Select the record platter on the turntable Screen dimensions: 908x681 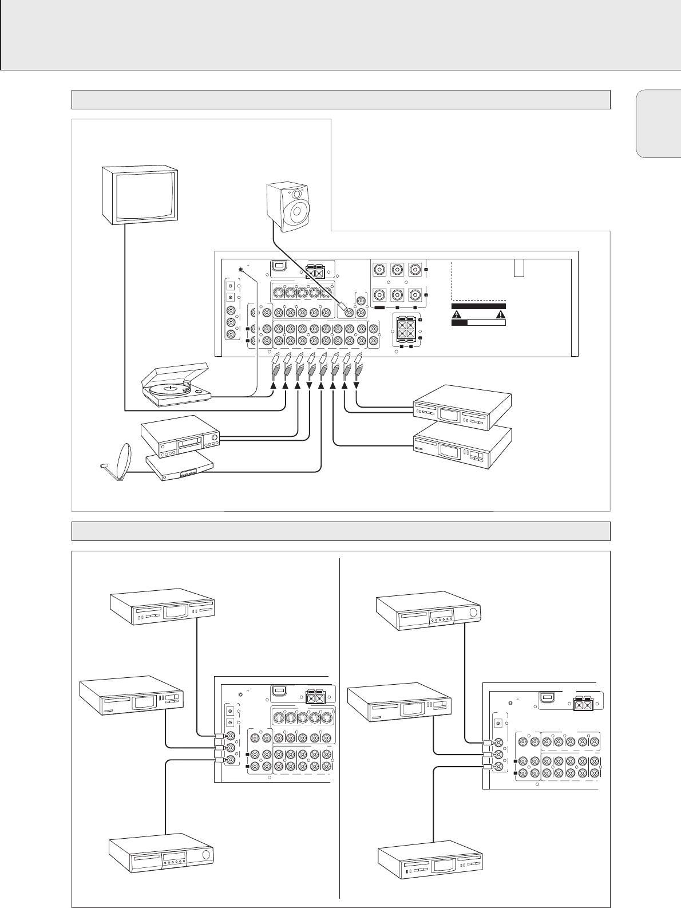click(170, 388)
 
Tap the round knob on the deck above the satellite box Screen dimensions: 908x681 click(215, 439)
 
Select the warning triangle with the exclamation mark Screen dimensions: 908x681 click(501, 314)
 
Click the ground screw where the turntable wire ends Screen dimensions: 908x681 click(243, 270)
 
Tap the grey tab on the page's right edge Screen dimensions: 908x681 click(658, 124)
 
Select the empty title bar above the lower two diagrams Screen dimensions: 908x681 click(340, 531)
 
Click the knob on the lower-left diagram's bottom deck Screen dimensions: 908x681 click(207, 856)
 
